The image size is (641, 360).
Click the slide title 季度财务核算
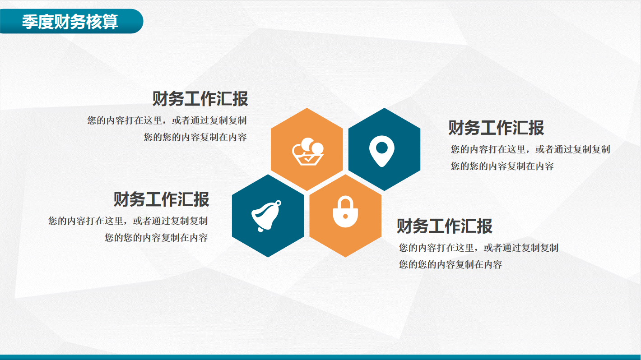coord(70,22)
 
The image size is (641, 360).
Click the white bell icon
coord(266,216)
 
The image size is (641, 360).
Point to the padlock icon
coord(345,212)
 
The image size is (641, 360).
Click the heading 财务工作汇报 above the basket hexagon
coord(200,99)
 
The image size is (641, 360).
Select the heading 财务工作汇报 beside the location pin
coord(496,128)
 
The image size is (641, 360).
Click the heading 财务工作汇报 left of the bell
coord(161,199)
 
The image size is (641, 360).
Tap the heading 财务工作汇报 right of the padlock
coord(445,226)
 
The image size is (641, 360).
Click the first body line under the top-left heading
coord(167,121)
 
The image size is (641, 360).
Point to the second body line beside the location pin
coord(502,166)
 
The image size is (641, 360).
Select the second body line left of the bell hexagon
coord(156,237)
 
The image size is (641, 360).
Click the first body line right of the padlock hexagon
coord(478,248)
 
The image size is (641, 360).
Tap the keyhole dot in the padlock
coord(345,216)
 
